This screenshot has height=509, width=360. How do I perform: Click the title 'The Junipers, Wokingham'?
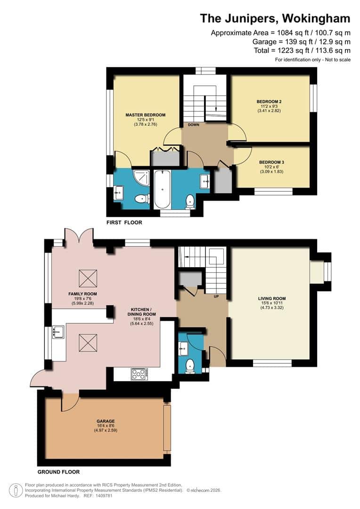275,18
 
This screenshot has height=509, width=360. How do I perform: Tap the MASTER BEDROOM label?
145,115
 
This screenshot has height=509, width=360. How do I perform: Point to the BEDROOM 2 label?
269,101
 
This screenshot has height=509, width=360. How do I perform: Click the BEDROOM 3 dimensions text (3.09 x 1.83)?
271,172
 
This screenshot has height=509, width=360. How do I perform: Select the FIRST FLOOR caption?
124,222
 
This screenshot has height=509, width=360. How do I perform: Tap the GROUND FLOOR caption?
58,472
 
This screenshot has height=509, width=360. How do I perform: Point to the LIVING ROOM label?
272,298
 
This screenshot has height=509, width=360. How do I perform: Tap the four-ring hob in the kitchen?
139,374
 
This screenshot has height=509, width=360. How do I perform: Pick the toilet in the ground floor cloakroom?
190,366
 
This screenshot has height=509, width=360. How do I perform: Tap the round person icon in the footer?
17,490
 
